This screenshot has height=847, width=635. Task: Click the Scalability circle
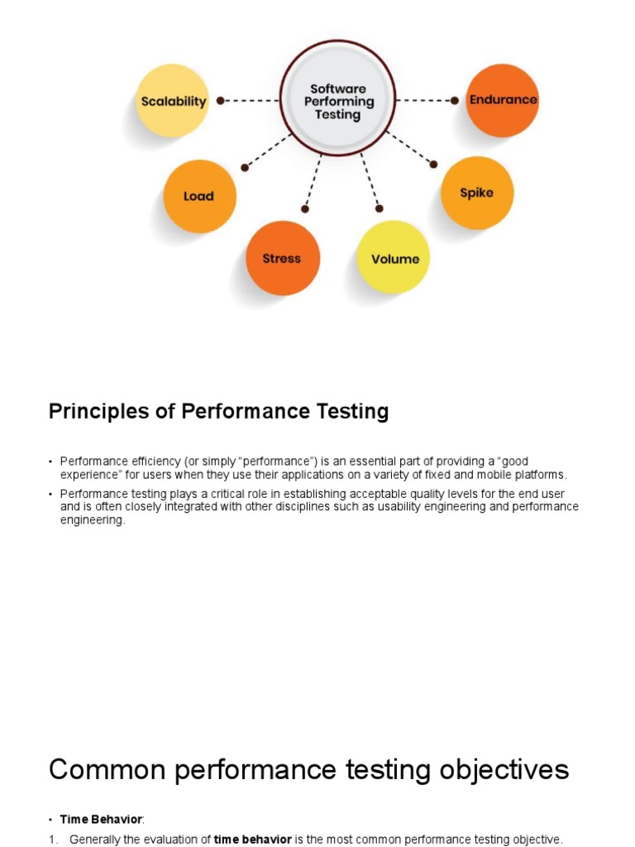pyautogui.click(x=172, y=100)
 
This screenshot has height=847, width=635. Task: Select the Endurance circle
pyautogui.click(x=502, y=100)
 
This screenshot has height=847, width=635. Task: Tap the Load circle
pyautogui.click(x=200, y=196)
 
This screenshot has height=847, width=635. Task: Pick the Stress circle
pyautogui.click(x=283, y=258)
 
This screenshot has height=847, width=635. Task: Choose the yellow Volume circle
pyautogui.click(x=393, y=257)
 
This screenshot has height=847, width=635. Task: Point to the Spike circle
pyautogui.click(x=477, y=193)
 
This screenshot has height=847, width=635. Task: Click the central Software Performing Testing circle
pyautogui.click(x=337, y=98)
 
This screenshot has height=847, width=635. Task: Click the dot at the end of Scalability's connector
pyautogui.click(x=220, y=100)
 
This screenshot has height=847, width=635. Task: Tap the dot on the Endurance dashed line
pyautogui.click(x=455, y=100)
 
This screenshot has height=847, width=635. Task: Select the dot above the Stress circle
pyautogui.click(x=305, y=208)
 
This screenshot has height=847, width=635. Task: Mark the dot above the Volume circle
pyautogui.click(x=379, y=208)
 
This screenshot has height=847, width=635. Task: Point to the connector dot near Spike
pyautogui.click(x=433, y=165)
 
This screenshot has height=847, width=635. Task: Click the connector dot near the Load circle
pyautogui.click(x=245, y=167)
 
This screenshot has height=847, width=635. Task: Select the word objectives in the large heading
pyautogui.click(x=504, y=770)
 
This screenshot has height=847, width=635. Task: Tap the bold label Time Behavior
pyautogui.click(x=101, y=820)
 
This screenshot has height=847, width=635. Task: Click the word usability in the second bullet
pyautogui.click(x=399, y=507)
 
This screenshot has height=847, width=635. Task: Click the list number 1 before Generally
pyautogui.click(x=52, y=840)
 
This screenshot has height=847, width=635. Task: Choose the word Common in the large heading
pyautogui.click(x=107, y=770)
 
